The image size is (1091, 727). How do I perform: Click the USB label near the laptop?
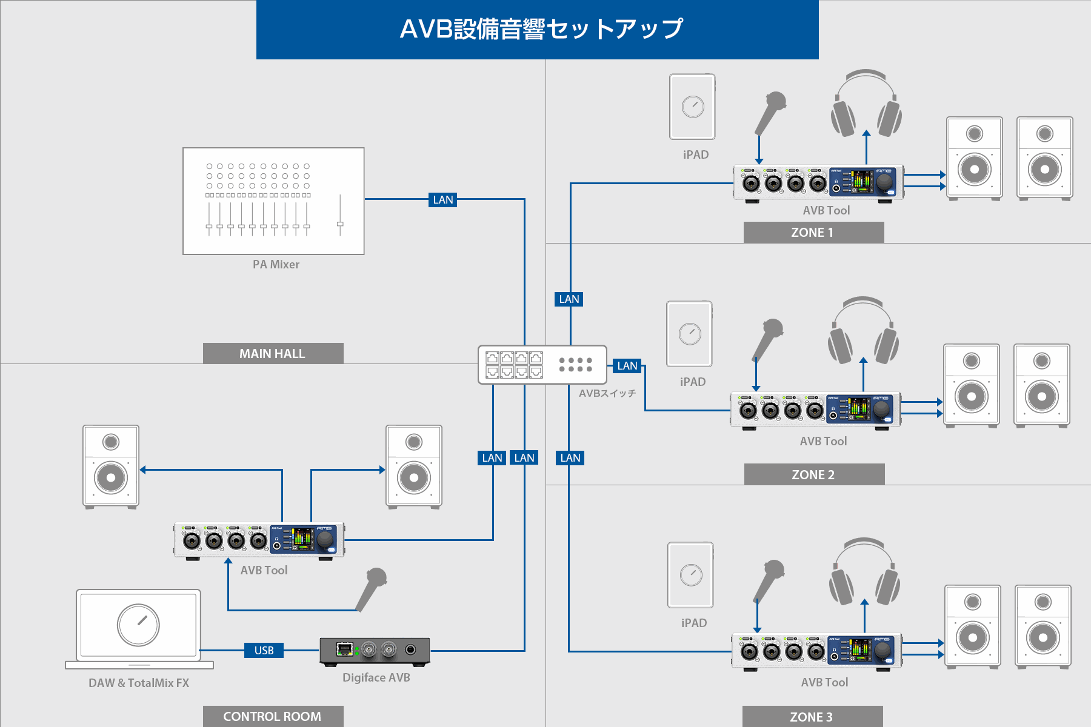tap(264, 650)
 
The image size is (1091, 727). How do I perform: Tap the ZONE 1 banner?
tap(813, 233)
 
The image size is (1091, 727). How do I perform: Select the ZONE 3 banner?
tap(812, 717)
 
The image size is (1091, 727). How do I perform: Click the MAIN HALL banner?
tap(273, 353)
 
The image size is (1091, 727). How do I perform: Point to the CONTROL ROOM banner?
tap(273, 716)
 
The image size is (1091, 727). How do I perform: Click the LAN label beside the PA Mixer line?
tap(442, 199)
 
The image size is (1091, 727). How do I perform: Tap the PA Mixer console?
tap(273, 201)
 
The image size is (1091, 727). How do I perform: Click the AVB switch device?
tap(542, 365)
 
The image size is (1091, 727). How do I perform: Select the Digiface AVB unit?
tap(375, 651)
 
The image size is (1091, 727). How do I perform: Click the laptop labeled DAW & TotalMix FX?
tap(139, 627)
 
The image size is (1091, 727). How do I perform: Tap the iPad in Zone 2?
tap(689, 334)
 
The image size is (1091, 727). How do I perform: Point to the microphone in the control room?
tap(371, 588)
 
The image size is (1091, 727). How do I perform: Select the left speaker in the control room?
tap(111, 465)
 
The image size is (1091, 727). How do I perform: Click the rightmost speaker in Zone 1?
tap(1044, 158)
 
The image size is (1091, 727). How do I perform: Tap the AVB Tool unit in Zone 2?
tap(815, 410)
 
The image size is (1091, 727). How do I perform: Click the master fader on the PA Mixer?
tap(340, 224)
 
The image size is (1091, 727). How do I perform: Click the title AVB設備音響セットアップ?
tap(541, 29)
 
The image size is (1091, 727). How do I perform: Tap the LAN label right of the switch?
tap(627, 365)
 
